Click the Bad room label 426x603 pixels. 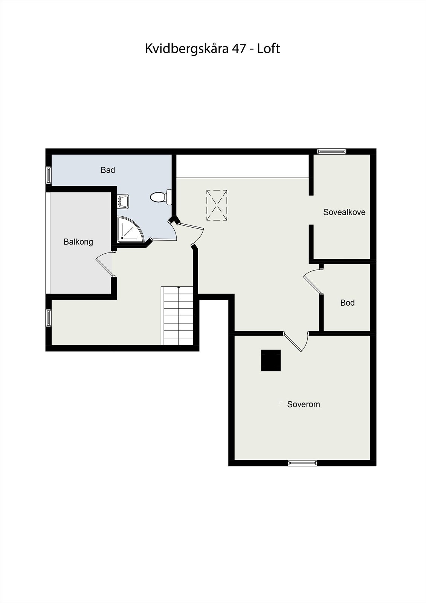pos(108,170)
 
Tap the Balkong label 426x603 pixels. pos(78,242)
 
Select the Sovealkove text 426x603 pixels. pos(344,212)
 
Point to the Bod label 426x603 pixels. pos(347,303)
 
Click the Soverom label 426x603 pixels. pos(304,404)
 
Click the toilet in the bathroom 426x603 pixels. pos(160,197)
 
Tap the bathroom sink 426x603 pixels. pos(123,201)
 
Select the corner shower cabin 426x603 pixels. pos(129,230)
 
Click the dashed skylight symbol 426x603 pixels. pos(217,205)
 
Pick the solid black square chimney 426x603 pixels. pos(271,360)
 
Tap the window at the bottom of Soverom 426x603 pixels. pos(302,463)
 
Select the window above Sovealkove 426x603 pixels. pos(331,152)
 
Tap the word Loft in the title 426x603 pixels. pos(269,49)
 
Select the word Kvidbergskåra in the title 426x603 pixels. pos(186,49)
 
